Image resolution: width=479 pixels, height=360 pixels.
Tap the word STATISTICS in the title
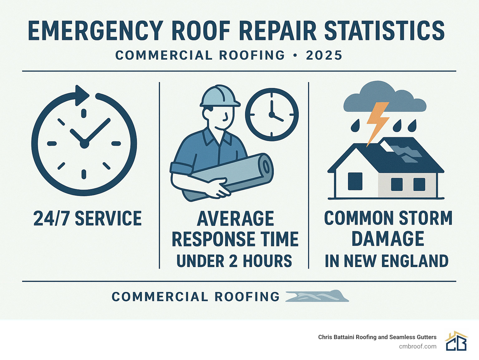tap(384, 31)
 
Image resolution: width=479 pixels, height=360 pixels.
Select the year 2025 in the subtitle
tap(324, 56)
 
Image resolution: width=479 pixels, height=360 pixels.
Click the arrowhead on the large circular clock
tap(82, 95)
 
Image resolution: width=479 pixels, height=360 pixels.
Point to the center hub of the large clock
tap(84, 144)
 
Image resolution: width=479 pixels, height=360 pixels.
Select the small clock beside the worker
tap(272, 114)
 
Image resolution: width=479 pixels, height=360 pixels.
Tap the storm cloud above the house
tap(384, 98)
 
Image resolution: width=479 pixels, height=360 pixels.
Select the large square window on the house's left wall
tap(355, 181)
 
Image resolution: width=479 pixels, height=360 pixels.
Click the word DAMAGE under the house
tap(388, 239)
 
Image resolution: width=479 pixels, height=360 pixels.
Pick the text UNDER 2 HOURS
tap(234, 261)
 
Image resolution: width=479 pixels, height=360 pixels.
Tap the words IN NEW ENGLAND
tap(386, 261)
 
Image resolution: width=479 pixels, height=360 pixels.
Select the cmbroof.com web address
tap(418, 346)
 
